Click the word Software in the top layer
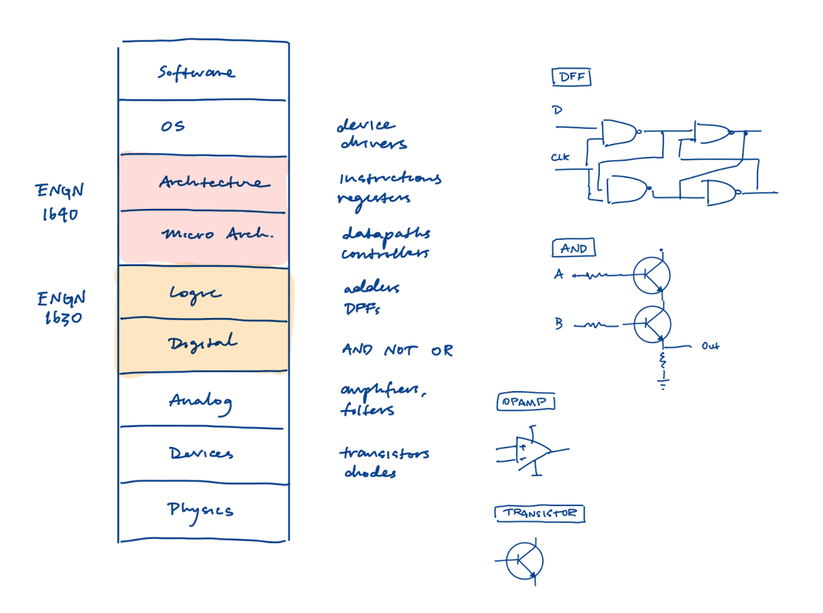pyautogui.click(x=197, y=73)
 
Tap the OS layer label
pyautogui.click(x=172, y=127)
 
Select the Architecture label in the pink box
pyautogui.click(x=213, y=183)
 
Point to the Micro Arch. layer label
pyautogui.click(x=216, y=235)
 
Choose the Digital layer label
pyautogui.click(x=203, y=344)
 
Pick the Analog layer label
pyautogui.click(x=200, y=402)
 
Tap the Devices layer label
pyautogui.click(x=201, y=454)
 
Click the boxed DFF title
pyautogui.click(x=572, y=77)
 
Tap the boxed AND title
pyautogui.click(x=573, y=249)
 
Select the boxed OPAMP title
pyautogui.click(x=526, y=402)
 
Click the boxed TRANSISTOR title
pyautogui.click(x=540, y=514)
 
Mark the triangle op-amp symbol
pyautogui.click(x=532, y=451)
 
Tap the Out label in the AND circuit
pyautogui.click(x=710, y=347)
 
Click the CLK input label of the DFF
pyautogui.click(x=561, y=158)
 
